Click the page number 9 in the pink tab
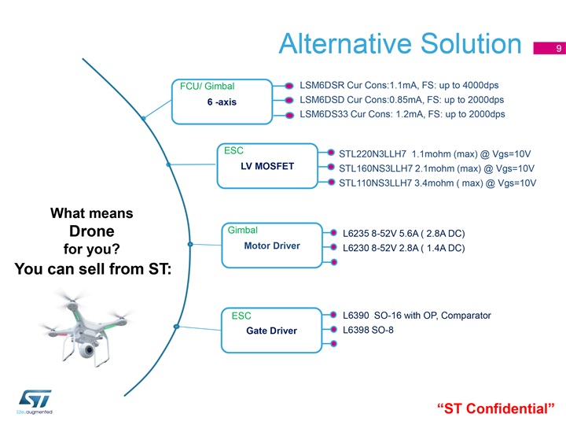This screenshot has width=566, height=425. [559, 48]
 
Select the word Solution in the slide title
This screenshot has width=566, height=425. [471, 43]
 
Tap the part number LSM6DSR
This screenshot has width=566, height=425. [322, 85]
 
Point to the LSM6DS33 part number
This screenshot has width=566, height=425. [324, 114]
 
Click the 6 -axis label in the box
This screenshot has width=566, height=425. [222, 102]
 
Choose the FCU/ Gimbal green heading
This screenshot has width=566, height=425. [208, 86]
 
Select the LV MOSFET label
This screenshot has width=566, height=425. [267, 166]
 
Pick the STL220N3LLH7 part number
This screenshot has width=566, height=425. [373, 154]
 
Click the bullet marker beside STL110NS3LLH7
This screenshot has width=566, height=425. [331, 182]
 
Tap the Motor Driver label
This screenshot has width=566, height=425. [272, 246]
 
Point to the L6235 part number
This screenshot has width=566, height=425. [356, 234]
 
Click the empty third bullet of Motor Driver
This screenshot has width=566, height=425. [334, 262]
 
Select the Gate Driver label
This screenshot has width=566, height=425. [272, 331]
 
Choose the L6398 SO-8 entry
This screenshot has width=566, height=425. [368, 330]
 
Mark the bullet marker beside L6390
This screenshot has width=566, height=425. [333, 315]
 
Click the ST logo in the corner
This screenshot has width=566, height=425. [35, 399]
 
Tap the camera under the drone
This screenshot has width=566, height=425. [87, 349]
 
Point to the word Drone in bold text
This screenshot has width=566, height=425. [92, 231]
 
